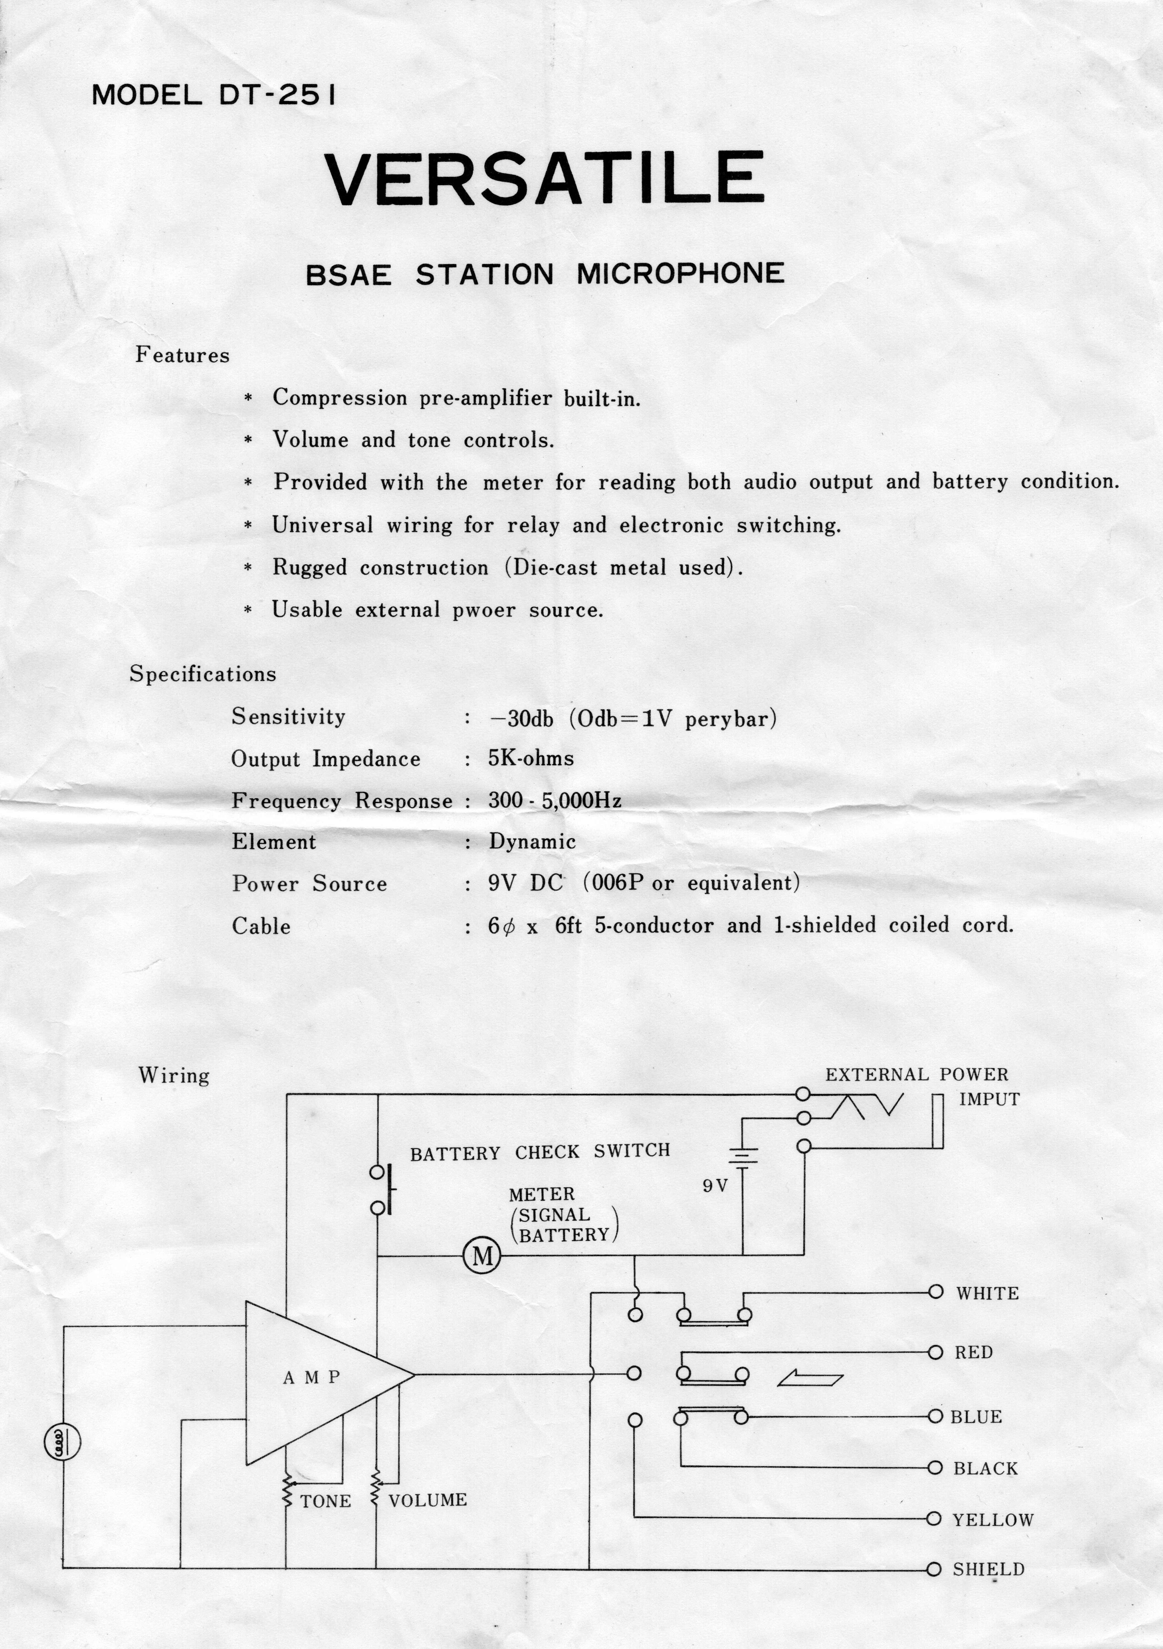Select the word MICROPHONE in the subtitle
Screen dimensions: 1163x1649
coord(681,274)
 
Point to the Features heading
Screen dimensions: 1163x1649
coord(182,355)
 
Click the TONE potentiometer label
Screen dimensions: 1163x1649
coord(326,1501)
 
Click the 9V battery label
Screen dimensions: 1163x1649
coord(715,1186)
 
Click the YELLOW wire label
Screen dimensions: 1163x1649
coord(993,1520)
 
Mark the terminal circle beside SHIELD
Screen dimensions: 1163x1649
coord(934,1569)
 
